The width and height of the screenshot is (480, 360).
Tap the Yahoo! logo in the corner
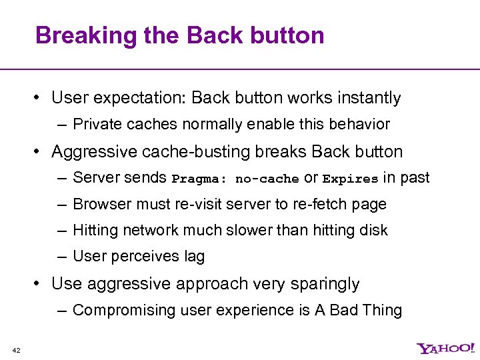445,349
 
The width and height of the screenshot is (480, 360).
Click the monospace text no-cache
267,179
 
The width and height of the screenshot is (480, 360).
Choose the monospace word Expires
350,179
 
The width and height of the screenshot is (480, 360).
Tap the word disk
375,230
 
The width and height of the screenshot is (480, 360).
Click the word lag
194,256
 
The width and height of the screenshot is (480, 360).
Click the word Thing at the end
383,310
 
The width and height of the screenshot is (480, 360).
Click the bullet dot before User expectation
39,99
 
